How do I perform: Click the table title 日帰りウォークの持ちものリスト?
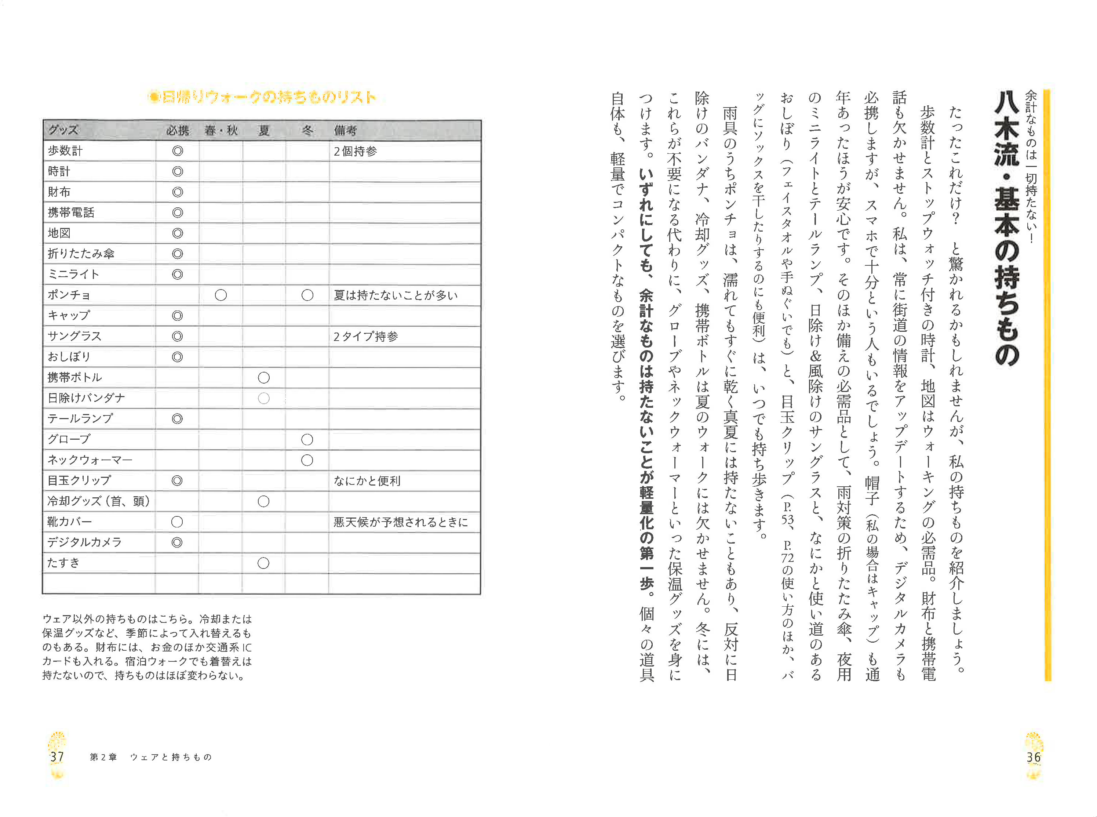tap(262, 97)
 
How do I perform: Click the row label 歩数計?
tap(65, 151)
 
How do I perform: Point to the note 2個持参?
tap(355, 151)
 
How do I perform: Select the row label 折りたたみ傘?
tap(81, 254)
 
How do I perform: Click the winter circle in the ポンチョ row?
tap(307, 295)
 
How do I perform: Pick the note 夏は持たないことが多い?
tap(396, 295)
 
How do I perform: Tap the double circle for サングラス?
tap(177, 336)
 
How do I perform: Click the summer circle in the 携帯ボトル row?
tap(263, 378)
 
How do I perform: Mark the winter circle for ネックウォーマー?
tap(307, 460)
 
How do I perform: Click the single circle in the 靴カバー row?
tap(176, 522)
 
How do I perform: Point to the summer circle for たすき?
tap(263, 563)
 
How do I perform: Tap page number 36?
tap(1033, 757)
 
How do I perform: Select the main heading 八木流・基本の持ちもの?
tap(1006, 228)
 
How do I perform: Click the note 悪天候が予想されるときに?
tap(400, 522)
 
